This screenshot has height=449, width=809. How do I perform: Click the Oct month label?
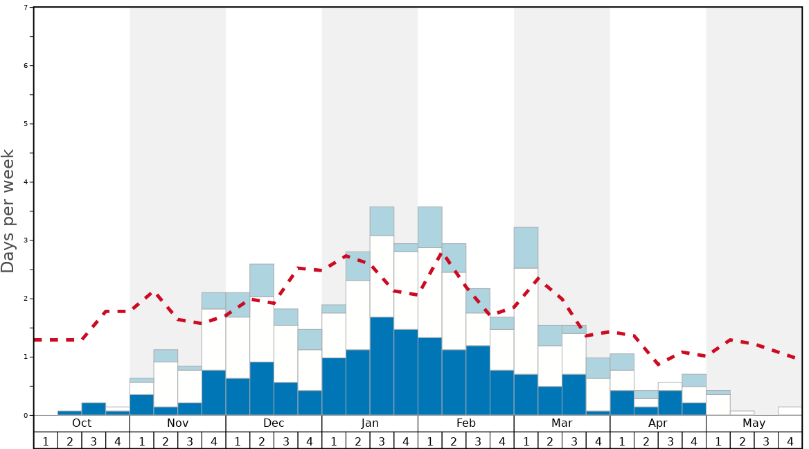[x=82, y=423]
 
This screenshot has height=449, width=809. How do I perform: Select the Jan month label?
[x=370, y=423]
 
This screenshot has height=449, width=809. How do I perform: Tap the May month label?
[x=754, y=423]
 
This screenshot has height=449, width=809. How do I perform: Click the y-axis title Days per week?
[x=8, y=211]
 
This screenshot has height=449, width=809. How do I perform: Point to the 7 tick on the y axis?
[x=26, y=8]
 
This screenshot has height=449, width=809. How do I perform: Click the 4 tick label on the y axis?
[x=26, y=182]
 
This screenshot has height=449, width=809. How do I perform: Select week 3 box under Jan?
[x=382, y=441]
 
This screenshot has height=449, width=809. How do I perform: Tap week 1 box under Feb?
[x=430, y=441]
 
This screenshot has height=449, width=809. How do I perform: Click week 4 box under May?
[x=790, y=441]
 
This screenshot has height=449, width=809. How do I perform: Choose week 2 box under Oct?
[x=69, y=441]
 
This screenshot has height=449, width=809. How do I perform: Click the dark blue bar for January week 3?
[x=382, y=366]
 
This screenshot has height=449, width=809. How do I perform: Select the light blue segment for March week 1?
[x=526, y=247]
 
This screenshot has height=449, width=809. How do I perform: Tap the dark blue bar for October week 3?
[x=94, y=409]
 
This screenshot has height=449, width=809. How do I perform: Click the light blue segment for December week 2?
[x=262, y=281]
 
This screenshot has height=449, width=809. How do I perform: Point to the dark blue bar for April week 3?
[x=670, y=403]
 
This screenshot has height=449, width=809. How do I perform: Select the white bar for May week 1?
[x=718, y=405]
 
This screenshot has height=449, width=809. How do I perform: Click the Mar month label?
[x=562, y=423]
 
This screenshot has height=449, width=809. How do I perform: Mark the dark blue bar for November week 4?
[x=214, y=393]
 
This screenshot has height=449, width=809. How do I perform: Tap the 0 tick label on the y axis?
[x=26, y=416]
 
